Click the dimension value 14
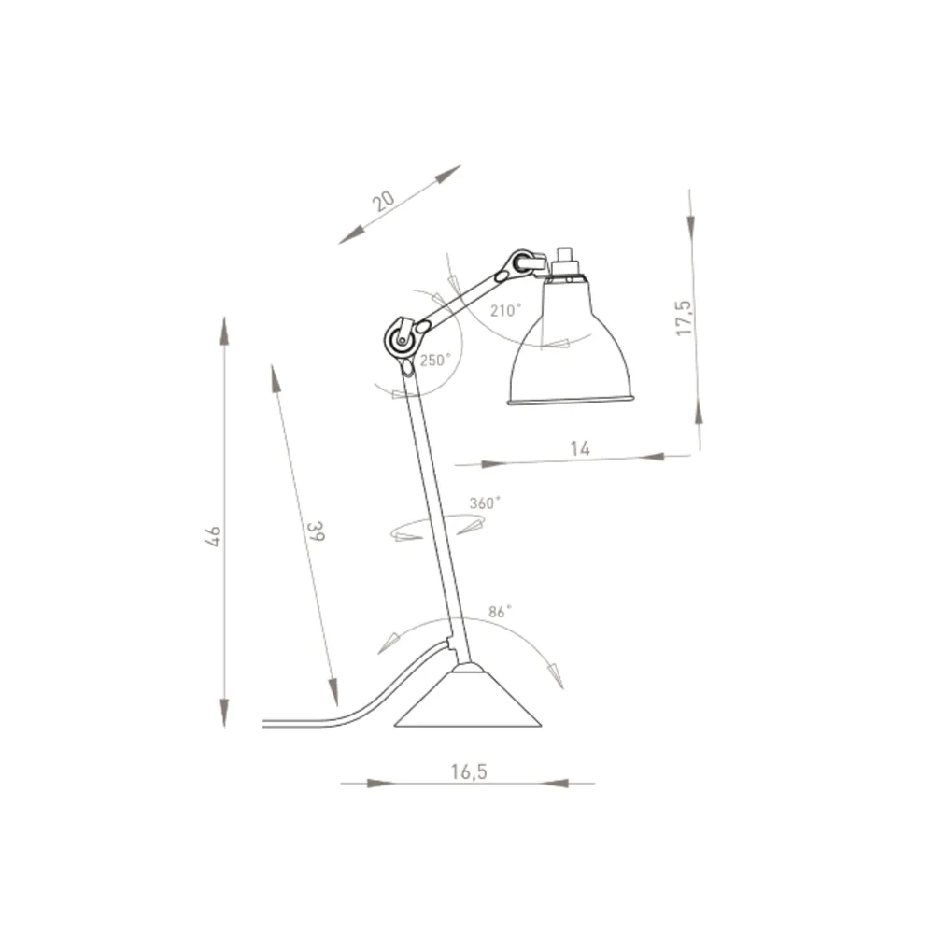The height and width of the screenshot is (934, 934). pyautogui.click(x=580, y=448)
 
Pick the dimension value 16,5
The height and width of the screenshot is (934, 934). pyautogui.click(x=469, y=771)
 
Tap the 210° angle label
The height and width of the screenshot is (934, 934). pyautogui.click(x=504, y=311)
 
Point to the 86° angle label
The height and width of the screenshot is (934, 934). pyautogui.click(x=501, y=613)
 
